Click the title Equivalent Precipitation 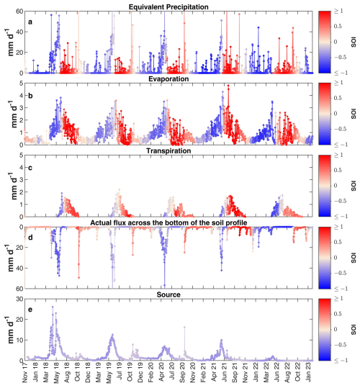tap(168, 6)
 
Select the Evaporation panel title tap(168, 79)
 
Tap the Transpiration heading tap(168, 151)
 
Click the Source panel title tap(168, 294)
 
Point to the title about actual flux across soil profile tap(168, 223)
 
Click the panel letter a tap(30, 22)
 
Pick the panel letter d tap(30, 238)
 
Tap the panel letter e tap(30, 310)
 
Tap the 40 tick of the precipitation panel tap(19, 32)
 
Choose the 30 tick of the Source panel tap(19, 299)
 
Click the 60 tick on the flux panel tap(19, 289)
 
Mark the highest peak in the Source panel tap(53, 307)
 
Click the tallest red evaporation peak tap(228, 86)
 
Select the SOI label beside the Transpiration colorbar tap(354, 186)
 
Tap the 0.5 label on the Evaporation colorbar tap(337, 98)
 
